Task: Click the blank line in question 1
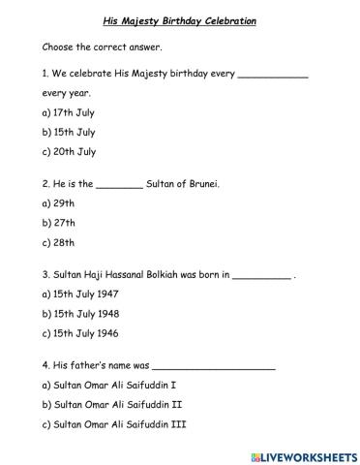273,77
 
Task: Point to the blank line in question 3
261,275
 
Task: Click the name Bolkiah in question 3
181,274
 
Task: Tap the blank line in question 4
214,367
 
